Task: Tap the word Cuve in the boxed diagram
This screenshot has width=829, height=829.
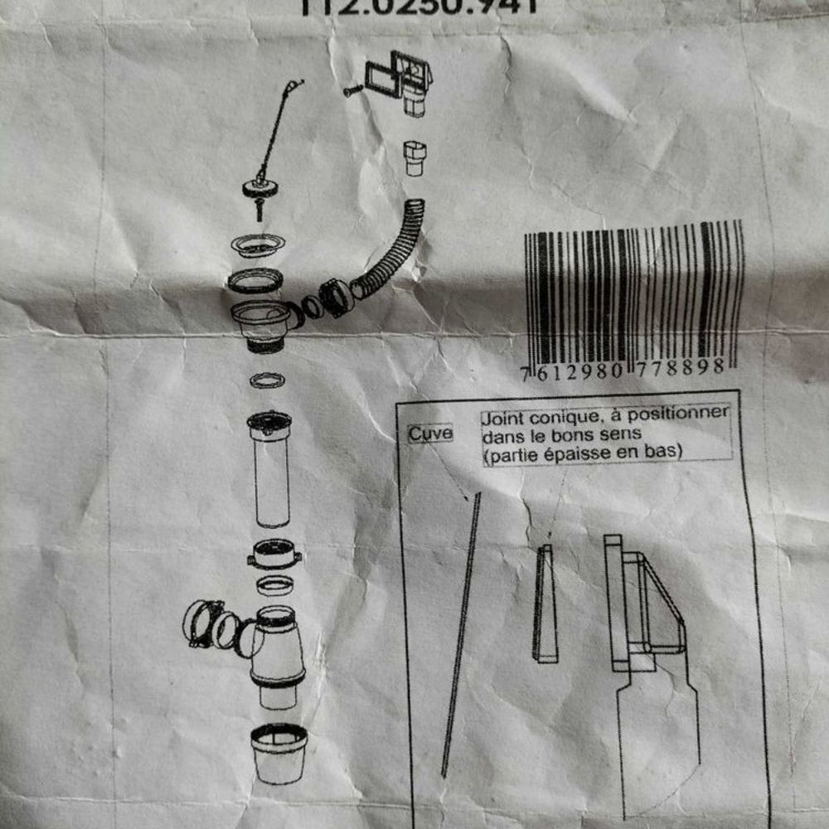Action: (430, 434)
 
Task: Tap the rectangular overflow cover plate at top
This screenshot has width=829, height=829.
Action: (383, 78)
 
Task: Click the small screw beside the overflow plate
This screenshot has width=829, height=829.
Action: (350, 89)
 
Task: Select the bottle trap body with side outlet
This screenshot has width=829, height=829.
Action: (276, 655)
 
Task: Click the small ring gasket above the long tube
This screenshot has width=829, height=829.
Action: (267, 380)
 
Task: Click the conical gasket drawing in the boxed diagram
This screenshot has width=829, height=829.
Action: (545, 604)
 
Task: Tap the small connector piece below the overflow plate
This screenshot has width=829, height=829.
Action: (414, 158)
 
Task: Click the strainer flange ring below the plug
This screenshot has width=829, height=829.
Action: (257, 245)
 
